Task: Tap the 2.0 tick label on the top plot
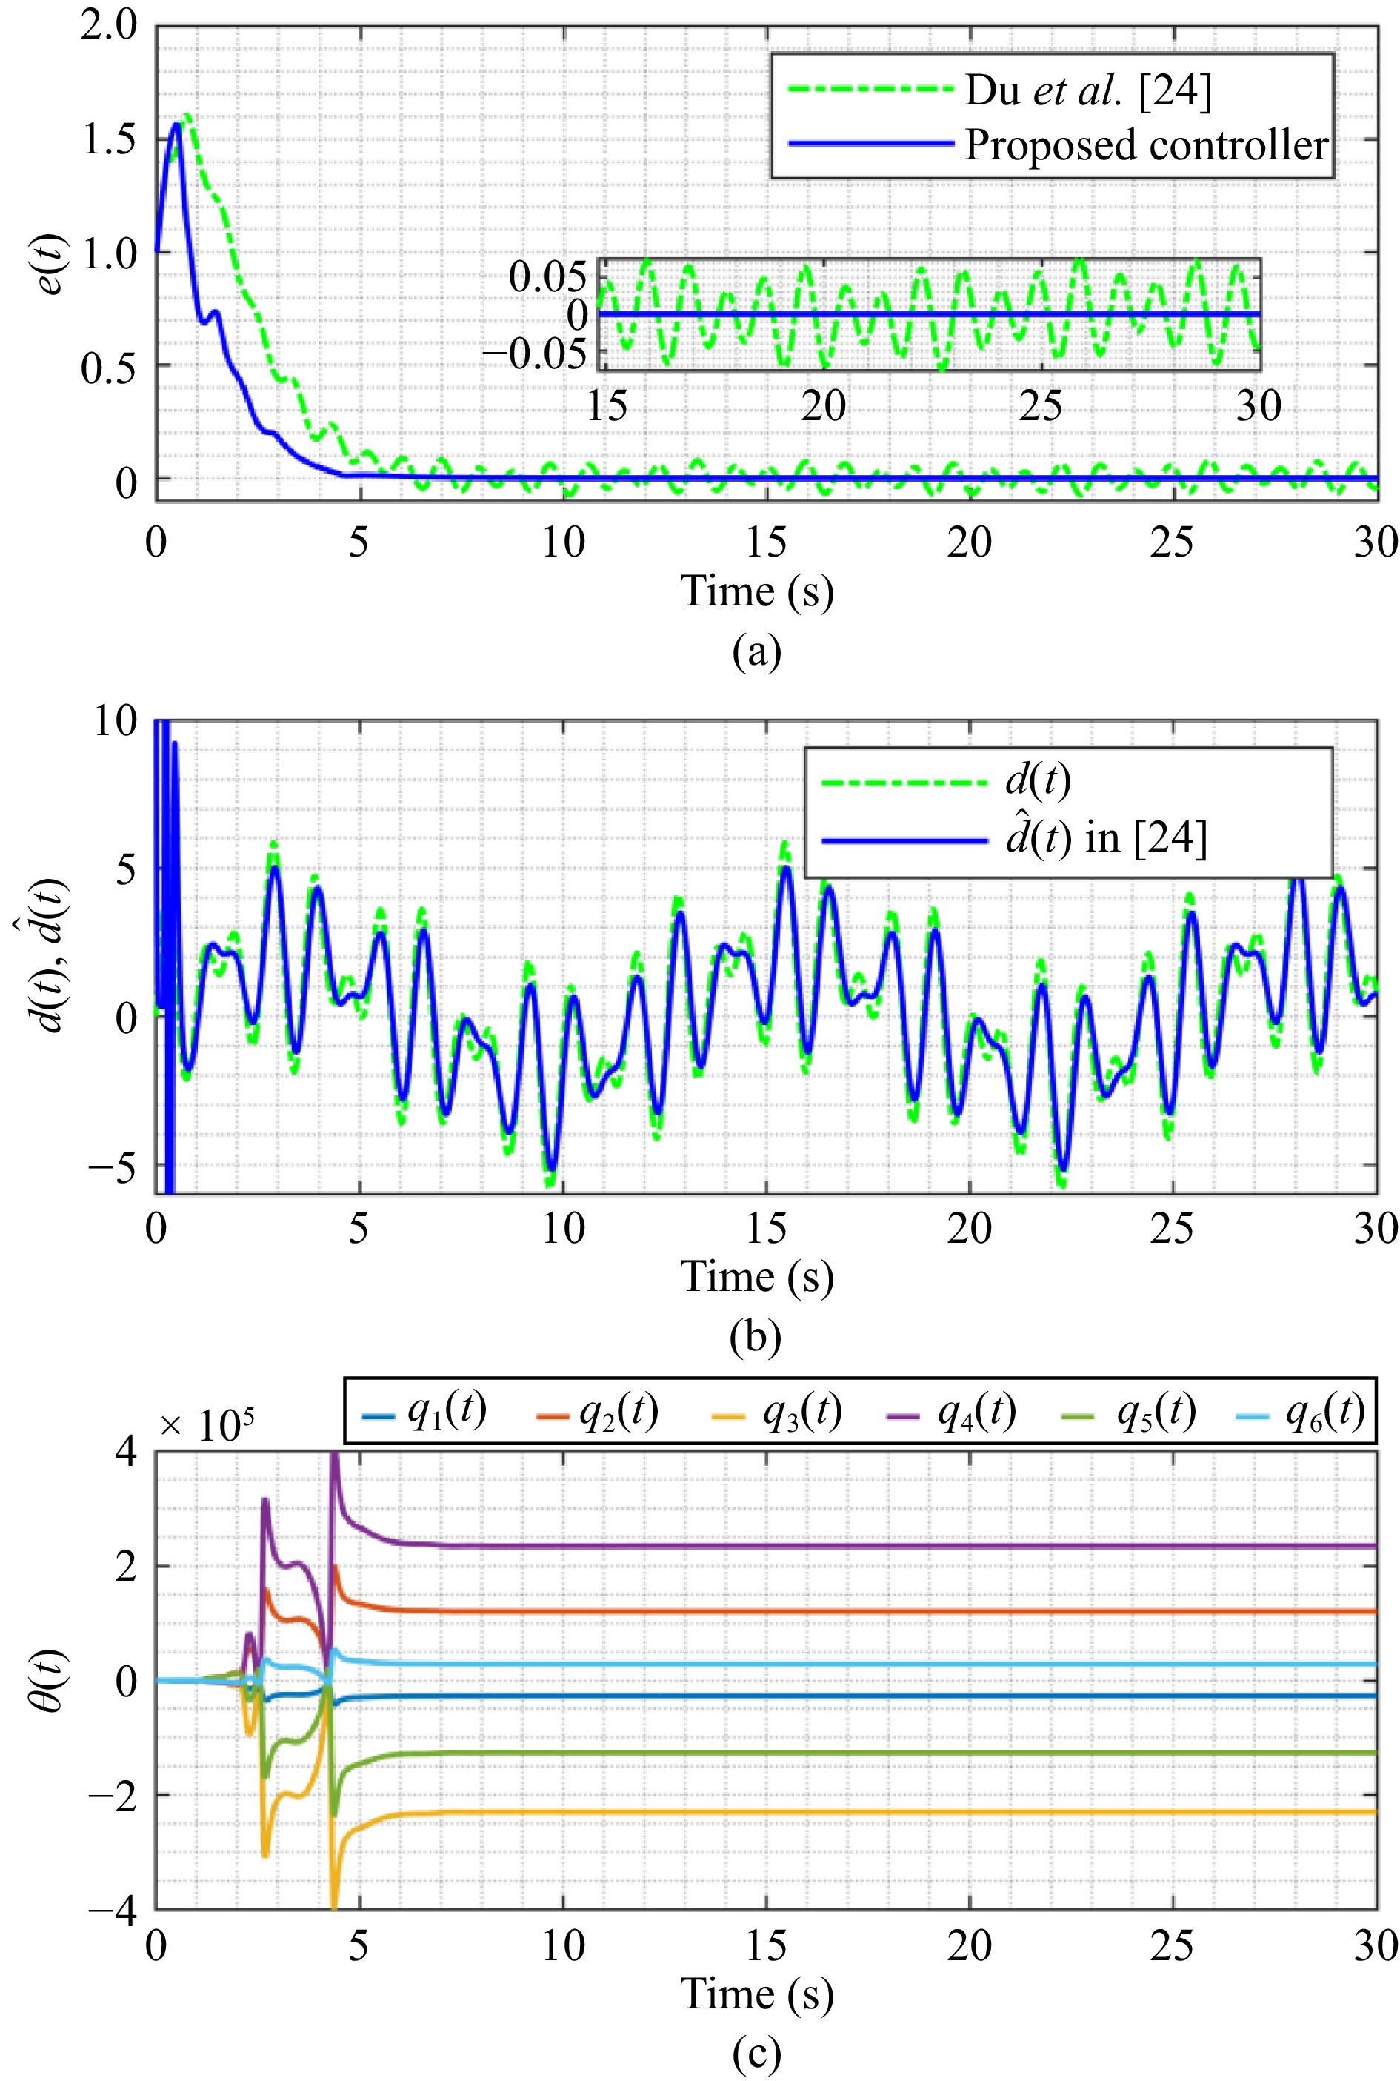[x=109, y=25]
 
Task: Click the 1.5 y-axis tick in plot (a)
[x=109, y=139]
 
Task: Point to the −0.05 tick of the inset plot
[x=535, y=354]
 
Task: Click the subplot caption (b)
[x=756, y=1337]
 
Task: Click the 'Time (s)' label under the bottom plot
[x=757, y=1994]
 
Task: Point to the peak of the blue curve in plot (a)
[x=177, y=123]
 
